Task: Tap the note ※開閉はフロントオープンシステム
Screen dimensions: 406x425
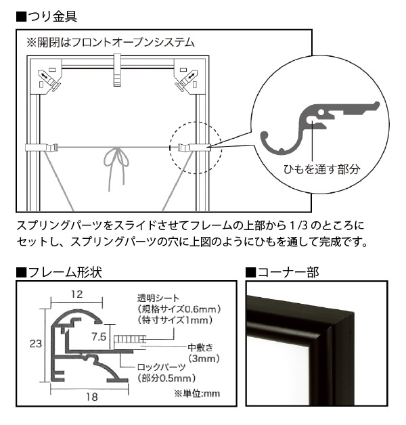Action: coord(110,43)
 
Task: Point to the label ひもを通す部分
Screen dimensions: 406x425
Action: coord(321,169)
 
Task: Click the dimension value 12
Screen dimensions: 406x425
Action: coord(77,294)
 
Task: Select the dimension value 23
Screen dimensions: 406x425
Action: coord(35,344)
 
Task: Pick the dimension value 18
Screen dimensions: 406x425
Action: coord(91,397)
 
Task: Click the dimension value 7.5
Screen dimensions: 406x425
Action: coord(99,336)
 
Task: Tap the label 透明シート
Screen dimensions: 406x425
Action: coord(158,298)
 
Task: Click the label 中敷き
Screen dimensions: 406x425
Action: coord(200,347)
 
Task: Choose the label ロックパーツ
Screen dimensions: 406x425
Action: coord(162,367)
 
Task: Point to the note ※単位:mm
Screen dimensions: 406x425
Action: coord(197,394)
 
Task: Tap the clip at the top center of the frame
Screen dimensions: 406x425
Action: coord(118,70)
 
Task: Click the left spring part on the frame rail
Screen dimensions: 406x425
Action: coord(42,148)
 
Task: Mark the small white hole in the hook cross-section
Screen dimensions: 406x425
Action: coord(321,112)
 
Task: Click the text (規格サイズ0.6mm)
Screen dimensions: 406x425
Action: coord(179,309)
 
